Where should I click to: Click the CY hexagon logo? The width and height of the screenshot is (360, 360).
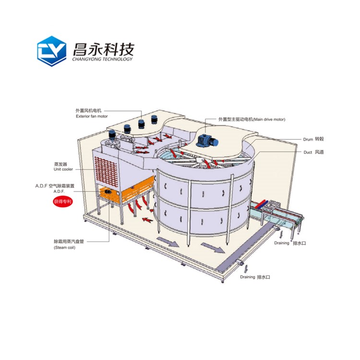(x=51, y=50)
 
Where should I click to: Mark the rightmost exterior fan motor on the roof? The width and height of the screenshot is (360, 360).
(x=154, y=120)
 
